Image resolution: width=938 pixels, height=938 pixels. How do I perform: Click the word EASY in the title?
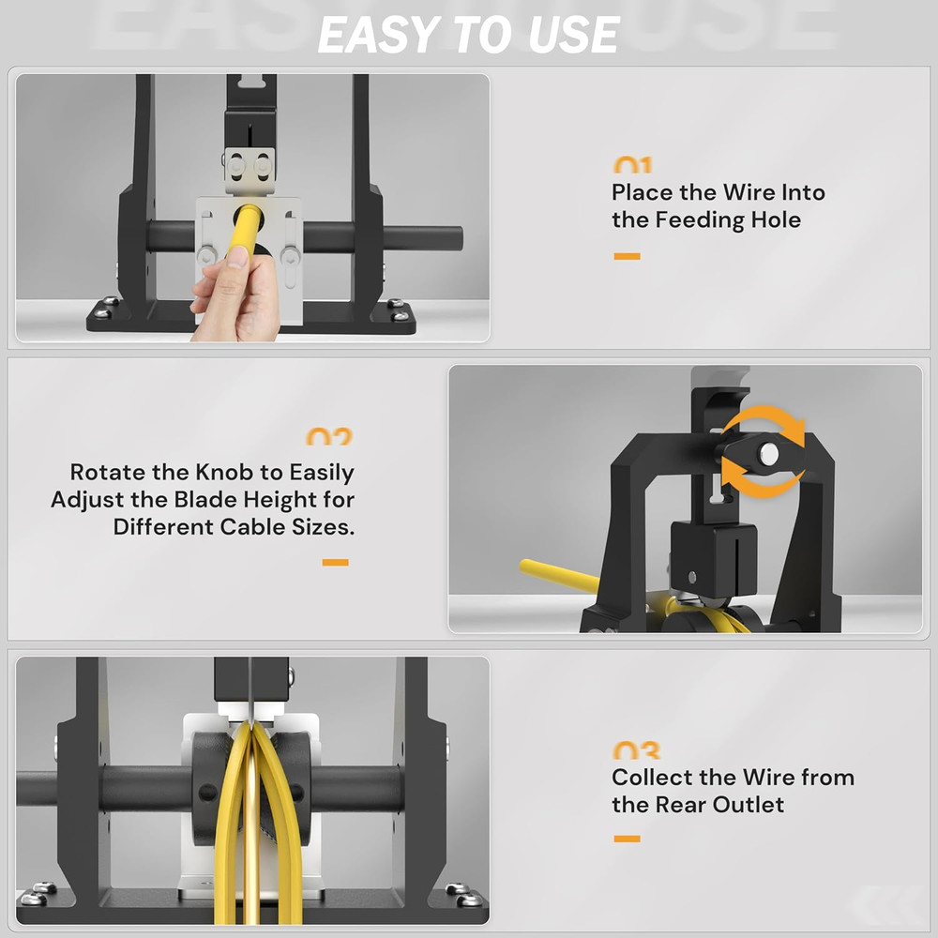click(375, 35)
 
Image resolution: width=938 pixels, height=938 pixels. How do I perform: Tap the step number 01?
click(632, 166)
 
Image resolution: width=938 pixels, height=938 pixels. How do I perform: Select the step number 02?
click(329, 437)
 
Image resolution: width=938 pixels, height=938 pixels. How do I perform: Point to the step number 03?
click(636, 750)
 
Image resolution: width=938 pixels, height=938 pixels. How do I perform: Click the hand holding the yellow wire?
click(234, 295)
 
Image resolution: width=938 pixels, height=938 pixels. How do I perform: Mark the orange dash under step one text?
click(627, 256)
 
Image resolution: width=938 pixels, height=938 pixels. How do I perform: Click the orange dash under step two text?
click(335, 563)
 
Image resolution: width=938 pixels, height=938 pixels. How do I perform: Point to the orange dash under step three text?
click(627, 839)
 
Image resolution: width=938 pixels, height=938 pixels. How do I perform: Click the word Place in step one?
click(643, 193)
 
